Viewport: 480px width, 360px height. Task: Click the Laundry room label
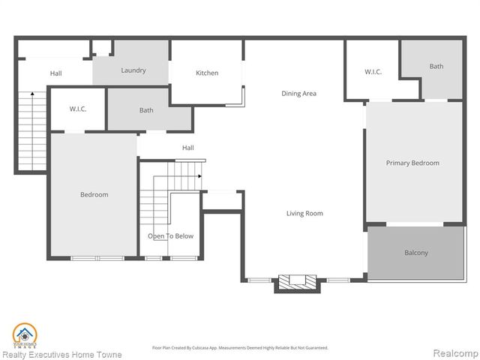pos(133,70)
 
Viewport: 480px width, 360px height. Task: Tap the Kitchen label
pos(207,73)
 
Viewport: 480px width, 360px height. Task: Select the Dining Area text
pos(298,94)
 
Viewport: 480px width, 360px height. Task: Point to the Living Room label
pos(304,214)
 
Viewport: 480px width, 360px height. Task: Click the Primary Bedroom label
pos(412,163)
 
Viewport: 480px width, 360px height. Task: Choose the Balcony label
pos(416,253)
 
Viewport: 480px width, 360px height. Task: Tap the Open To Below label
pos(170,236)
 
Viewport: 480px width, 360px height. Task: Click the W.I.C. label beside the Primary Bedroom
pos(373,72)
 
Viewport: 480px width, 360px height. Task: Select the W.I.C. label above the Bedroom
pos(78,109)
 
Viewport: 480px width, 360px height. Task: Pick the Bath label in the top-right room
pos(436,66)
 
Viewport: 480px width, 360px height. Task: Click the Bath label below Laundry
pos(146,110)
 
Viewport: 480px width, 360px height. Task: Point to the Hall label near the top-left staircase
pos(56,73)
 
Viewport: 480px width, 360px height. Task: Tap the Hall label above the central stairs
pos(187,148)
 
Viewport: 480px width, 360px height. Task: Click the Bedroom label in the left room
pos(94,195)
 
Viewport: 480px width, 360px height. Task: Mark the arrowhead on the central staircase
pos(200,176)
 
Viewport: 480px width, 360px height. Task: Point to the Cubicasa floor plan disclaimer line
pos(239,347)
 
